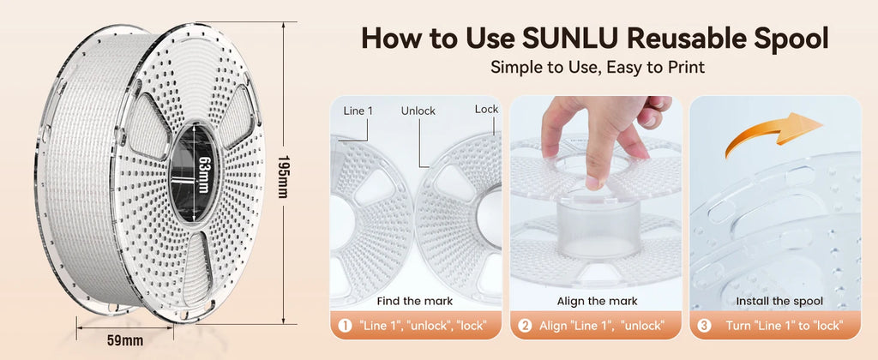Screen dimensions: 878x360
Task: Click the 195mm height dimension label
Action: click(282, 177)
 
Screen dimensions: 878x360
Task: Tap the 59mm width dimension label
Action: click(125, 339)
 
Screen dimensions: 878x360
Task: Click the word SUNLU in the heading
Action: click(570, 39)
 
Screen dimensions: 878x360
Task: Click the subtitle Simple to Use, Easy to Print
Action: click(598, 68)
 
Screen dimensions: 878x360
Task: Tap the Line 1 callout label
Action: click(358, 111)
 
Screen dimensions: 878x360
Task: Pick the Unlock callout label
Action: click(418, 111)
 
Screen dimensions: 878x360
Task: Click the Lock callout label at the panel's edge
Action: click(486, 109)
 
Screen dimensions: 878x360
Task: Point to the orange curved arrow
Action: click(773, 131)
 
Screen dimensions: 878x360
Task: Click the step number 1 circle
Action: click(346, 326)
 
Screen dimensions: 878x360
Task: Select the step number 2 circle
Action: click(525, 326)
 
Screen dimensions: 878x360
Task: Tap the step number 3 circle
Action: click(704, 326)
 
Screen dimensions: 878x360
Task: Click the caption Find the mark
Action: click(414, 301)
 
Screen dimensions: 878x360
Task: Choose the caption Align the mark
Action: click(597, 301)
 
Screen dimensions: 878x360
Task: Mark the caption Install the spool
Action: click(779, 301)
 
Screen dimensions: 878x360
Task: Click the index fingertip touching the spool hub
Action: click(592, 182)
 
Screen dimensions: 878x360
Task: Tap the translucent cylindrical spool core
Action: click(598, 229)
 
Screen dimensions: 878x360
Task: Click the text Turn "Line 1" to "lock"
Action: click(784, 326)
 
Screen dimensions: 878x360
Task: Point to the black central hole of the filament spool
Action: click(192, 173)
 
